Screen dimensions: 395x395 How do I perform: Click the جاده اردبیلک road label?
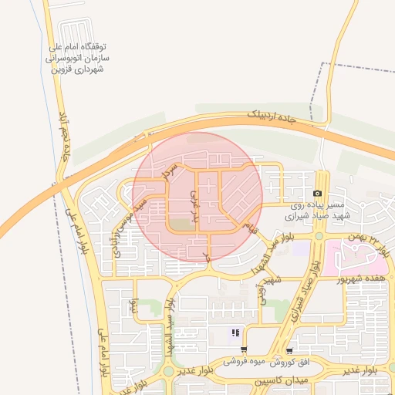click(272, 115)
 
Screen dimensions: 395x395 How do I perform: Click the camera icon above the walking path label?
click(318, 194)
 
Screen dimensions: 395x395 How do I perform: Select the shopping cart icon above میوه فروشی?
click(244, 349)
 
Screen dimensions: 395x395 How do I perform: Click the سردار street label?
click(174, 171)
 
